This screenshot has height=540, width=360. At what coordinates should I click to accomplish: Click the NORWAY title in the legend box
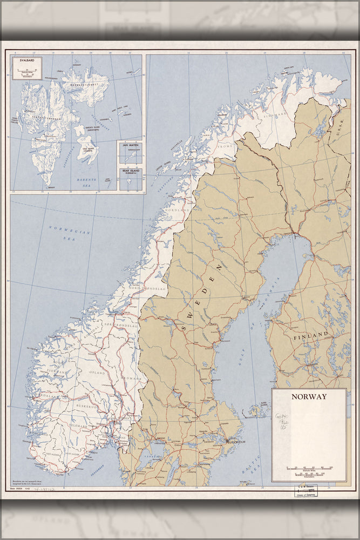(x=309, y=396)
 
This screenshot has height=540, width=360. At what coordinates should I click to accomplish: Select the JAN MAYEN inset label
(x=131, y=146)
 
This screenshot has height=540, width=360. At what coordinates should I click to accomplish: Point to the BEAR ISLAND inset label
(x=131, y=172)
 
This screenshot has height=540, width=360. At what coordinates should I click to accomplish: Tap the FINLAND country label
(x=310, y=335)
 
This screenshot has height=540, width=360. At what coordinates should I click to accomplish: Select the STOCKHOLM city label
(x=237, y=441)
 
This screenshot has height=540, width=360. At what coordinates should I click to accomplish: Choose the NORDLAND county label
(x=178, y=210)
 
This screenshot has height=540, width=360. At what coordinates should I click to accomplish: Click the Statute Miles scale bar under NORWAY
(x=309, y=468)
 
